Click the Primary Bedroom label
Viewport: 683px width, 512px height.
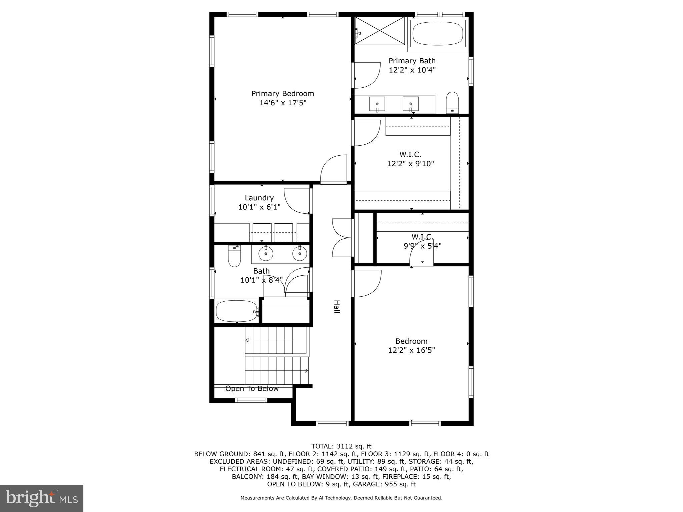(x=282, y=94)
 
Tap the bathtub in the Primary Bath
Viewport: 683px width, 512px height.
(x=438, y=33)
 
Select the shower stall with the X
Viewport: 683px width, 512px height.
(x=380, y=30)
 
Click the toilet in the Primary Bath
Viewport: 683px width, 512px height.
(x=452, y=103)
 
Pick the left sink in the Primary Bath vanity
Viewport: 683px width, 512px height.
(x=377, y=104)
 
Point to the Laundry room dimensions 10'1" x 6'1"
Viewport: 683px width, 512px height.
(x=259, y=207)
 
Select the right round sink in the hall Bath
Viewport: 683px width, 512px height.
(x=299, y=254)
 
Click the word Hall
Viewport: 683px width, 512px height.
(x=337, y=307)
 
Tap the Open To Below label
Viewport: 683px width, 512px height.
(x=252, y=389)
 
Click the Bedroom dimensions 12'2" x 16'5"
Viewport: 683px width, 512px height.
(x=412, y=350)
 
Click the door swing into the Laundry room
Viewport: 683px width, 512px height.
(x=297, y=201)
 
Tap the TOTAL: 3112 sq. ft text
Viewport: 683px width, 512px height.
(x=341, y=446)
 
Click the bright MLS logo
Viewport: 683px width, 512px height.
(x=42, y=498)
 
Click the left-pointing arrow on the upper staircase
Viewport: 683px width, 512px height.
(x=247, y=340)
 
